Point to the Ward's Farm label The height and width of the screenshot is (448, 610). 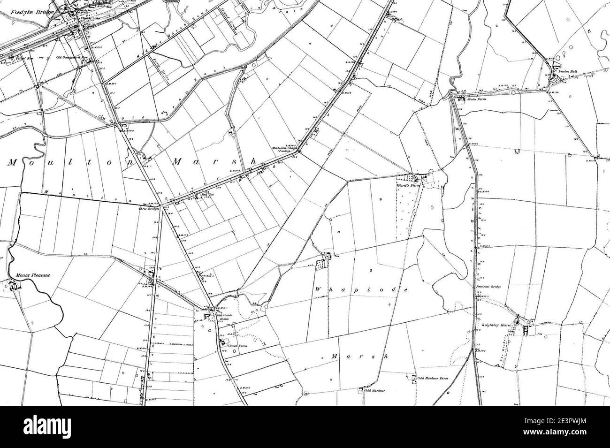click(410, 185)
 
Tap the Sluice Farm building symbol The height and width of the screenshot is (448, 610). click(460, 99)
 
